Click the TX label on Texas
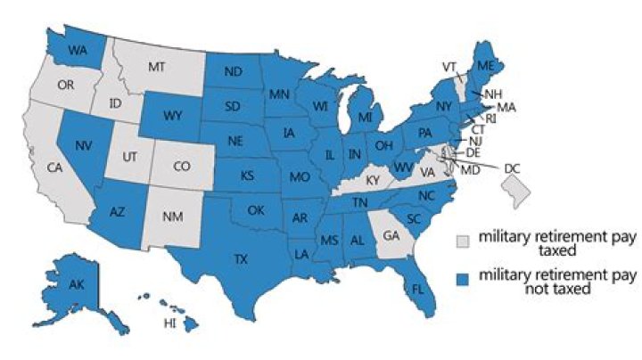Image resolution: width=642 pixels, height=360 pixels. coord(242,259)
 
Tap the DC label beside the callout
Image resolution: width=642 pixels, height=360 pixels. coord(512,168)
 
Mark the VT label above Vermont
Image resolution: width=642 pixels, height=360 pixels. coord(452,66)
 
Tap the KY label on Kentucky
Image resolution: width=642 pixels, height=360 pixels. coord(372,180)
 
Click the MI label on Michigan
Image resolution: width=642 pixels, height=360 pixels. coord(365,117)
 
